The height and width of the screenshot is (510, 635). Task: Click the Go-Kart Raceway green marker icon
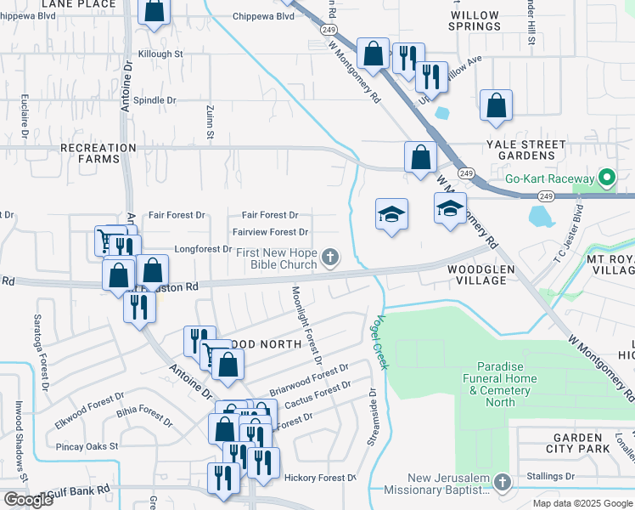click(606, 178)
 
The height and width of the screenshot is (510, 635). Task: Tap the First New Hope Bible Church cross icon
click(330, 255)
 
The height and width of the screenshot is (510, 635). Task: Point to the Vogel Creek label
click(378, 337)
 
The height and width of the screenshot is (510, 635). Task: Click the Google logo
click(28, 500)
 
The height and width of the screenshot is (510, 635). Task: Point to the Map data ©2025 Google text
click(582, 503)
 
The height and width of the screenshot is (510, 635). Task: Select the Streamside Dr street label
click(372, 416)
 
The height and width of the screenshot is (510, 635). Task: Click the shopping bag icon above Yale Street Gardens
click(496, 105)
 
